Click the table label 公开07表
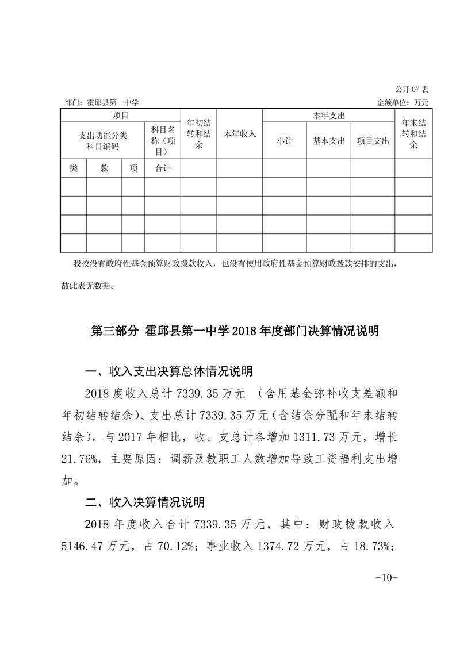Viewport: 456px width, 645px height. coord(412,90)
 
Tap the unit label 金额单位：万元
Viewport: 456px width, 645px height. coord(403,102)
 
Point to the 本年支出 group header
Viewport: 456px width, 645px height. coord(328,116)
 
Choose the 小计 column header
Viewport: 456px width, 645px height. coord(284,141)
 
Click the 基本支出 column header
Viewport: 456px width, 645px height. coord(328,141)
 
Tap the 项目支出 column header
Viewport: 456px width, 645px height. coord(373,141)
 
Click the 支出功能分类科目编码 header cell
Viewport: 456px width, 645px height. coord(102,141)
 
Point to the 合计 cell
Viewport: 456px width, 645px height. coord(163,168)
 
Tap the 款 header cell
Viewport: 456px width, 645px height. coord(104,168)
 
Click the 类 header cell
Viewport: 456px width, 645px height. coord(74,168)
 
